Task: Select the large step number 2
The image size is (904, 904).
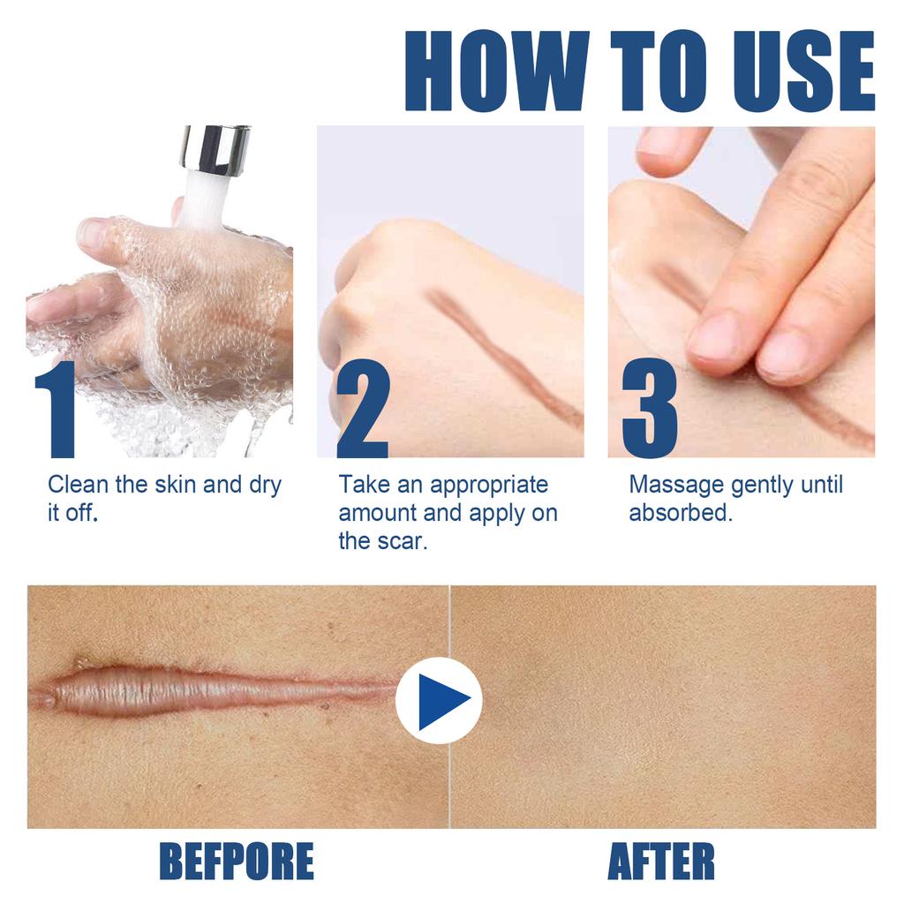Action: pyautogui.click(x=362, y=410)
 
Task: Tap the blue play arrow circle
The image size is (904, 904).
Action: pyautogui.click(x=439, y=700)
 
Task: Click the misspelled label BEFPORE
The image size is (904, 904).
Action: pyautogui.click(x=236, y=861)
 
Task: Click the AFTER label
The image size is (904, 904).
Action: pyautogui.click(x=661, y=861)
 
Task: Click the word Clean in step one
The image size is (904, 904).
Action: pyautogui.click(x=79, y=485)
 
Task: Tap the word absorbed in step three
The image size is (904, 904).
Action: pyautogui.click(x=680, y=513)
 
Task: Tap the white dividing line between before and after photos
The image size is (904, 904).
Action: pyautogui.click(x=449, y=777)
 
